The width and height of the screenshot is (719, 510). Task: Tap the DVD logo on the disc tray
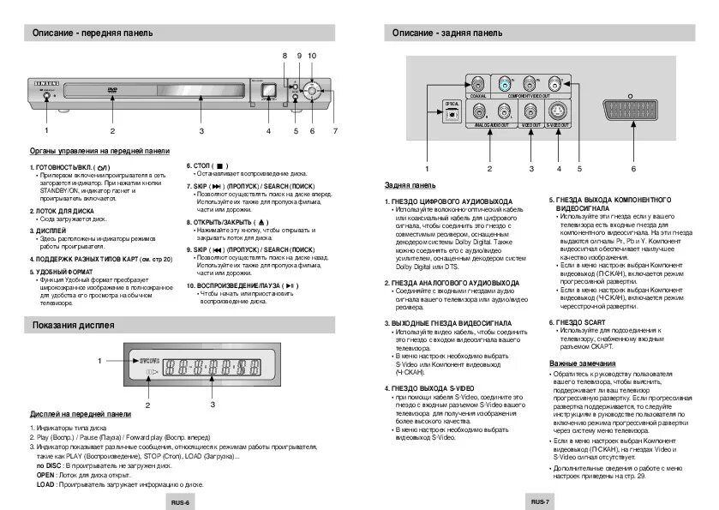[112, 90]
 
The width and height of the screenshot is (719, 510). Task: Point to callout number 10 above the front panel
[312, 56]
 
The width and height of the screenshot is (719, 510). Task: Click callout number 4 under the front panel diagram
[268, 131]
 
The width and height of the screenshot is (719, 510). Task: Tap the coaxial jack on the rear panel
[476, 83]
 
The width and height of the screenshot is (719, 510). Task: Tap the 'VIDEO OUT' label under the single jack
[531, 125]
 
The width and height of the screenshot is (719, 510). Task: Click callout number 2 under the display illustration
[147, 404]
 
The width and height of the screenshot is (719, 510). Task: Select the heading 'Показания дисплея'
[74, 324]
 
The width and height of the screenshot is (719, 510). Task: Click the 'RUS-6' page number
[179, 502]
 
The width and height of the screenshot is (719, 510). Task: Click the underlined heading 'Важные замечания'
[583, 364]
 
